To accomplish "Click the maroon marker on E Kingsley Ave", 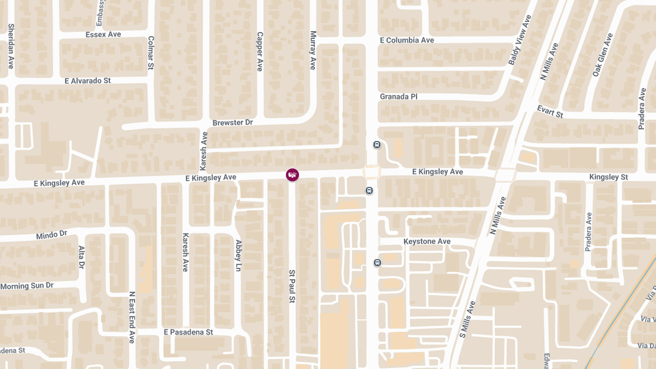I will (x=292, y=175).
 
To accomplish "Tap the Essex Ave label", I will (x=103, y=34).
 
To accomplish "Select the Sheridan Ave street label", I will (x=11, y=46).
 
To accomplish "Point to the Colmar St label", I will (x=151, y=53).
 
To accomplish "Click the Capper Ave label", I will (x=260, y=51).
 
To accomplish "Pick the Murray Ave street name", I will (x=313, y=50).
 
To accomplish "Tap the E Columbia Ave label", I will (x=407, y=40).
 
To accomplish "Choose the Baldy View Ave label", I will (x=520, y=40).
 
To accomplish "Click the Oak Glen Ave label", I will (x=603, y=55).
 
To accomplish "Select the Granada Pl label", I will (x=399, y=97).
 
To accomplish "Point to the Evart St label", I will (x=550, y=112).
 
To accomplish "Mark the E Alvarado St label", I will (x=87, y=81).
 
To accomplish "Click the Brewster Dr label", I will (x=232, y=122).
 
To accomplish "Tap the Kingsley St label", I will (x=608, y=177).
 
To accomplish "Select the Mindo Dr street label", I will (x=51, y=236).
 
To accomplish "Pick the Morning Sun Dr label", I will (x=27, y=286).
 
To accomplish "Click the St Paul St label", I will (x=292, y=286).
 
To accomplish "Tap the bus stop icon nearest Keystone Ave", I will (x=377, y=263).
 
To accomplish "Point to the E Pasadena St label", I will (x=188, y=332).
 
